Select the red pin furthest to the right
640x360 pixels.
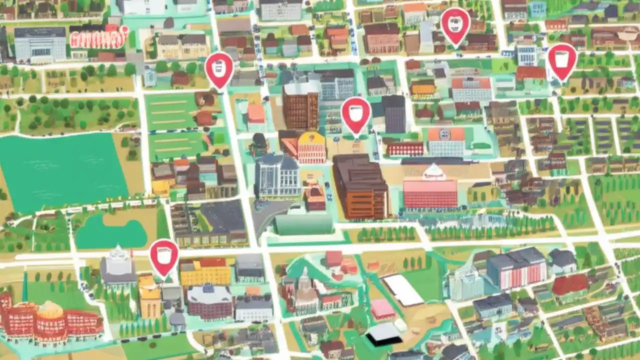[562, 60]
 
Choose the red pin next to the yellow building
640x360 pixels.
[164, 256]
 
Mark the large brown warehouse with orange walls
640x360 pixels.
[360, 185]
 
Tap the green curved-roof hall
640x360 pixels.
[303, 224]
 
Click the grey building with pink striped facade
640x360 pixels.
[516, 268]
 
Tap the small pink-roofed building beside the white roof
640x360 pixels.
[382, 308]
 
